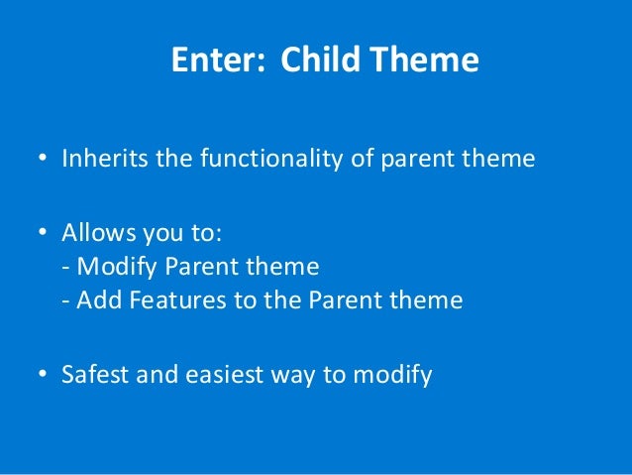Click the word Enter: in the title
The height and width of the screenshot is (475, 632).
[219, 59]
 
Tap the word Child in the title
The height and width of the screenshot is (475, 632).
[320, 59]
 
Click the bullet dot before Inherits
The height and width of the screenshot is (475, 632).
[43, 158]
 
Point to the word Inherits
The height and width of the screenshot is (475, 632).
[105, 158]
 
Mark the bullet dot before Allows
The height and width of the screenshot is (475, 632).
[43, 232]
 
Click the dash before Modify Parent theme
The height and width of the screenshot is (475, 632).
[65, 269]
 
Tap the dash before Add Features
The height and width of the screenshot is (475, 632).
[65, 302]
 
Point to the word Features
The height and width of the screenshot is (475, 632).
[177, 299]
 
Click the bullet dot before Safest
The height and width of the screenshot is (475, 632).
[43, 374]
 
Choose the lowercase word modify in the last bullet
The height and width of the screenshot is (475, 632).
[392, 375]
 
